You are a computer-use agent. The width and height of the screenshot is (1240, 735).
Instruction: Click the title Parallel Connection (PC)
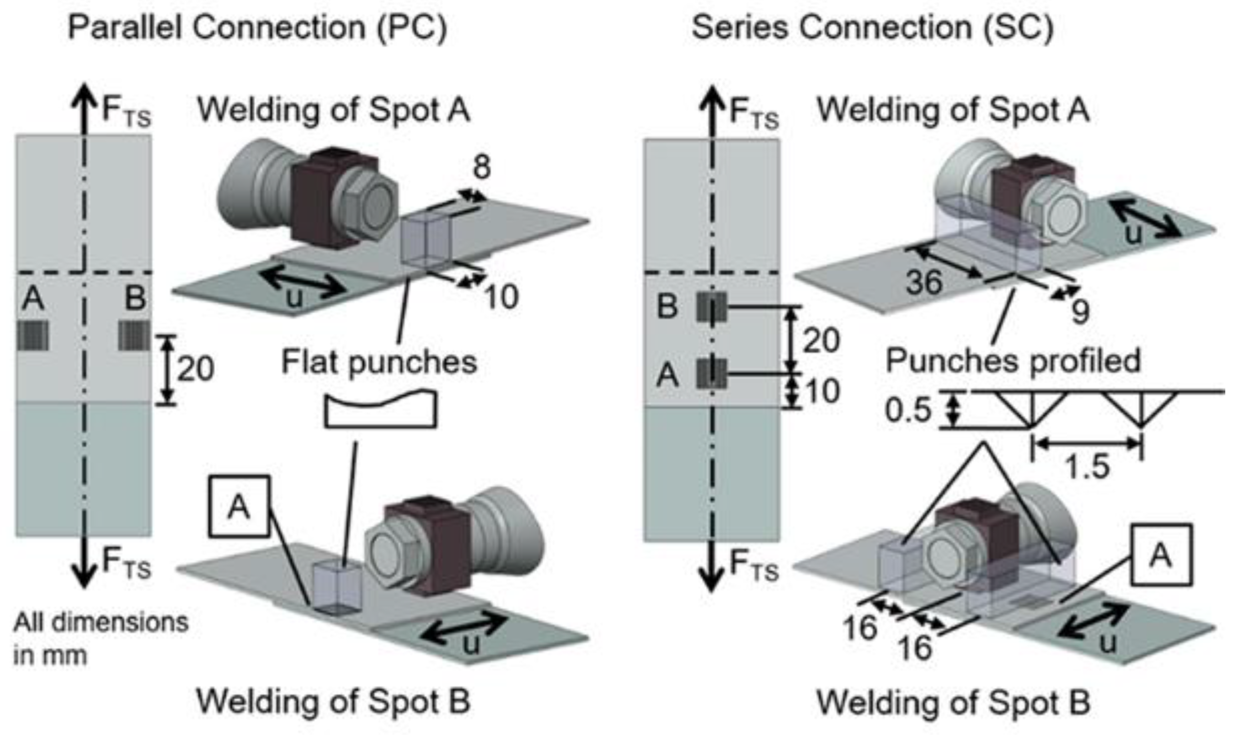[258, 27]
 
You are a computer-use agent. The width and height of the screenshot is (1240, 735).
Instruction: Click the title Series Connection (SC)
[872, 27]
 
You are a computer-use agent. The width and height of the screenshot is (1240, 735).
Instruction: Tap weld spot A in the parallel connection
[33, 335]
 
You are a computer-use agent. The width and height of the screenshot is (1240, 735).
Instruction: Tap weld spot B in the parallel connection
[134, 335]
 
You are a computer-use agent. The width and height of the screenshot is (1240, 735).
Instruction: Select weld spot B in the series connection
[712, 307]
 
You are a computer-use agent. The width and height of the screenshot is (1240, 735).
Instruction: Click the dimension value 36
[924, 282]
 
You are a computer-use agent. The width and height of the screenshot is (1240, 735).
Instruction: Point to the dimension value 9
[1080, 312]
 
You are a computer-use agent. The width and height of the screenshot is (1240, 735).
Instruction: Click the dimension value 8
[481, 168]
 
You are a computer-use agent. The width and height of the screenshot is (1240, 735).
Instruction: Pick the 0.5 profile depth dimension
[908, 410]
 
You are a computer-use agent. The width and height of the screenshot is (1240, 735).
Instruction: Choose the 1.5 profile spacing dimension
[1087, 466]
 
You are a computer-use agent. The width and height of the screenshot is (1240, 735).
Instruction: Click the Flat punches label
[379, 362]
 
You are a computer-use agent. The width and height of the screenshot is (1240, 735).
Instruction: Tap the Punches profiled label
[1013, 361]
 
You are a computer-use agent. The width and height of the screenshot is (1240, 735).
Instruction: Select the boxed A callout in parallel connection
[239, 507]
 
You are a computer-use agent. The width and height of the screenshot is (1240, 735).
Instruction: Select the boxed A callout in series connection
[1161, 555]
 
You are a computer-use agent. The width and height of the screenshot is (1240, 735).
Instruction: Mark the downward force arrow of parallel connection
[83, 563]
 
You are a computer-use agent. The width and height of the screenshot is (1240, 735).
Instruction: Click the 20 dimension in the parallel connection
[195, 369]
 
